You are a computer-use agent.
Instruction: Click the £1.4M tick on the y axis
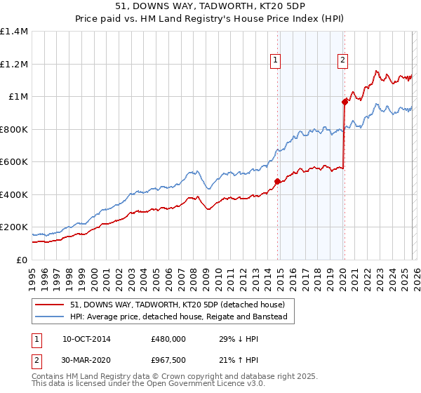click(14, 32)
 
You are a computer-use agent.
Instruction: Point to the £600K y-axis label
click(14, 162)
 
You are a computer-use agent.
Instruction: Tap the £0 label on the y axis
click(21, 260)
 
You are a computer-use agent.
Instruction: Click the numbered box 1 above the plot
click(276, 61)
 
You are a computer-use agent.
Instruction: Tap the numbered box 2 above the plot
click(343, 61)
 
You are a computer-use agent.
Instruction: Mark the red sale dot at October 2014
click(277, 182)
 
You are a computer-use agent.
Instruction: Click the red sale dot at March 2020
click(345, 102)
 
